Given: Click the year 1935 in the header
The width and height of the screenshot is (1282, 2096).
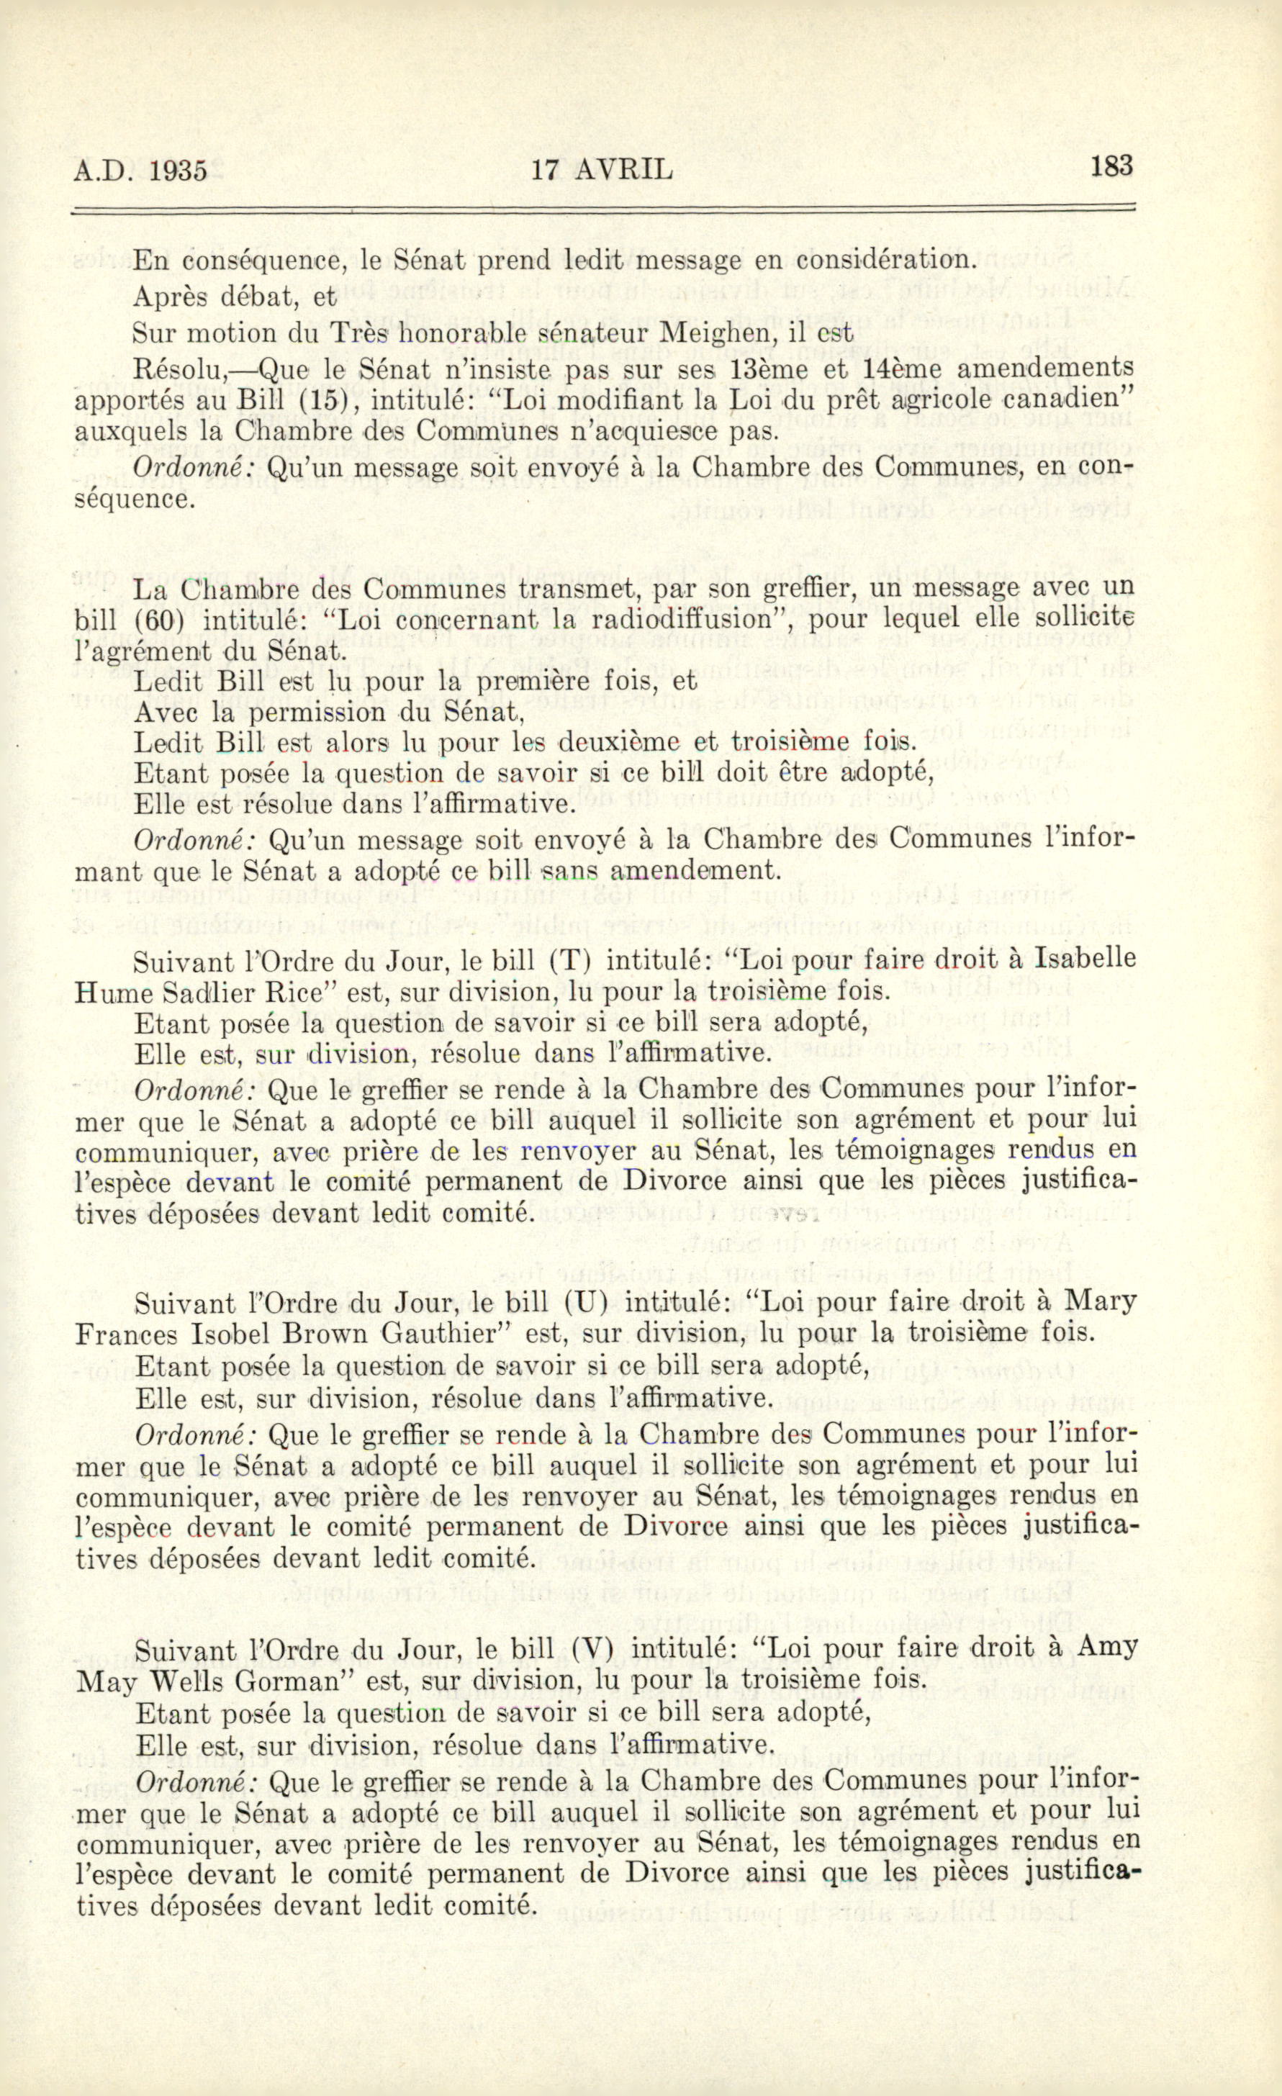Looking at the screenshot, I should click(x=178, y=171).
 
